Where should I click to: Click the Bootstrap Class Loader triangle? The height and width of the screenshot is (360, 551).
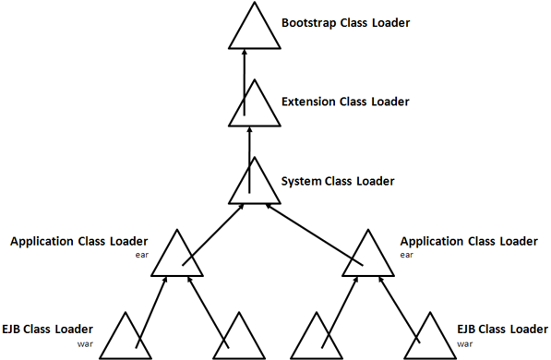[x=254, y=30]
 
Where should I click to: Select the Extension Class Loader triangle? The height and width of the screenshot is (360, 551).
[x=254, y=109]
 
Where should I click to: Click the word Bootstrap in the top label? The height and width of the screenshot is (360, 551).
[x=309, y=21]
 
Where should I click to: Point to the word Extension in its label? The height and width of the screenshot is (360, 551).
[x=309, y=101]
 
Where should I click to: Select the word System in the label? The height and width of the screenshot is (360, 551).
[x=302, y=181]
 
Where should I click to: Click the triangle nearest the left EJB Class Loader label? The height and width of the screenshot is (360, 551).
[x=126, y=340]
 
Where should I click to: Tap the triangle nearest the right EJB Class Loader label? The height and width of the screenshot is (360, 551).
[x=430, y=340]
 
